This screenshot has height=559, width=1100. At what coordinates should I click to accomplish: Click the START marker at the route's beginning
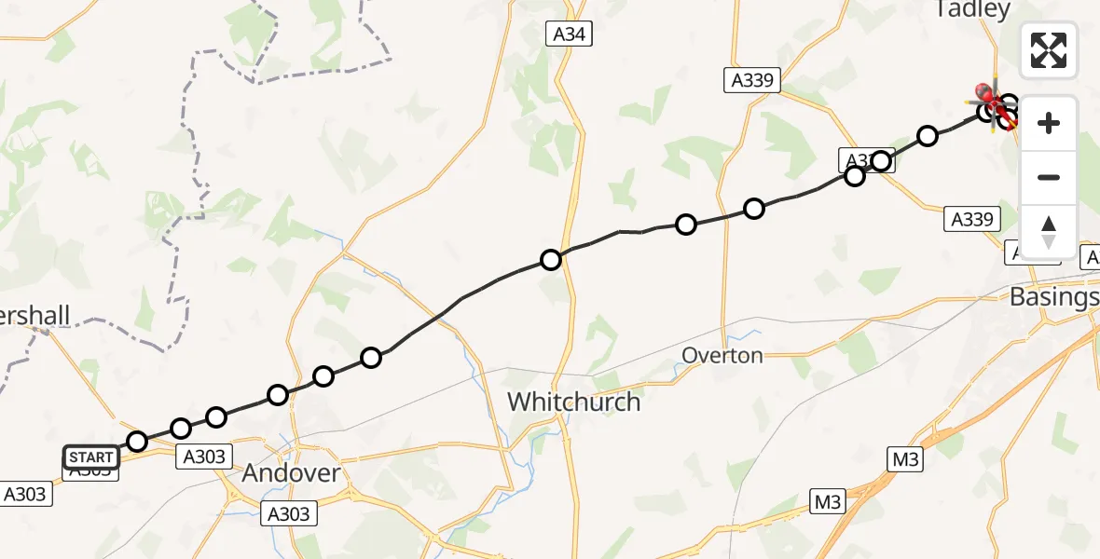[91, 457]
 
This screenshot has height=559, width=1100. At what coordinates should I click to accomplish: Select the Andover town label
[291, 473]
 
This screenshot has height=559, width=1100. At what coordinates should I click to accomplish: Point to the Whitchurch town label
[573, 402]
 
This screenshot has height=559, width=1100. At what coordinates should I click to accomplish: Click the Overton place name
[722, 355]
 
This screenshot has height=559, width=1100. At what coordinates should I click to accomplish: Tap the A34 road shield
[569, 35]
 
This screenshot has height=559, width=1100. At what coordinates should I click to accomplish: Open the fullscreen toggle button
[1048, 50]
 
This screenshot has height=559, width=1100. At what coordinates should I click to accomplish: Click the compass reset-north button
[1048, 232]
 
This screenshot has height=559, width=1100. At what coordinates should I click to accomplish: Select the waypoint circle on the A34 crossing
[551, 259]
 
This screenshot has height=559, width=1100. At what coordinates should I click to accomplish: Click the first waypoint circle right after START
[137, 441]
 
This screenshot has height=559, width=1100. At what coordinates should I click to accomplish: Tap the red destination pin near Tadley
[983, 93]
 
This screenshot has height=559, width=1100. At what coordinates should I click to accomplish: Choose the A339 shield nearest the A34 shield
[751, 81]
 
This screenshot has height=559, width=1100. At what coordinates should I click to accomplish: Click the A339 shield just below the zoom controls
[971, 220]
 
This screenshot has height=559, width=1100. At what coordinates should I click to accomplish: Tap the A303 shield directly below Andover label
[289, 513]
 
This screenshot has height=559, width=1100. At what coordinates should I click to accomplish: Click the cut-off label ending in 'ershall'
[35, 316]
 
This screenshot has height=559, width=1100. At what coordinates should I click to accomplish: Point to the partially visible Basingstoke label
[1054, 297]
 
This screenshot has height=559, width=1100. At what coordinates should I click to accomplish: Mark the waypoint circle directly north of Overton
[754, 209]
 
